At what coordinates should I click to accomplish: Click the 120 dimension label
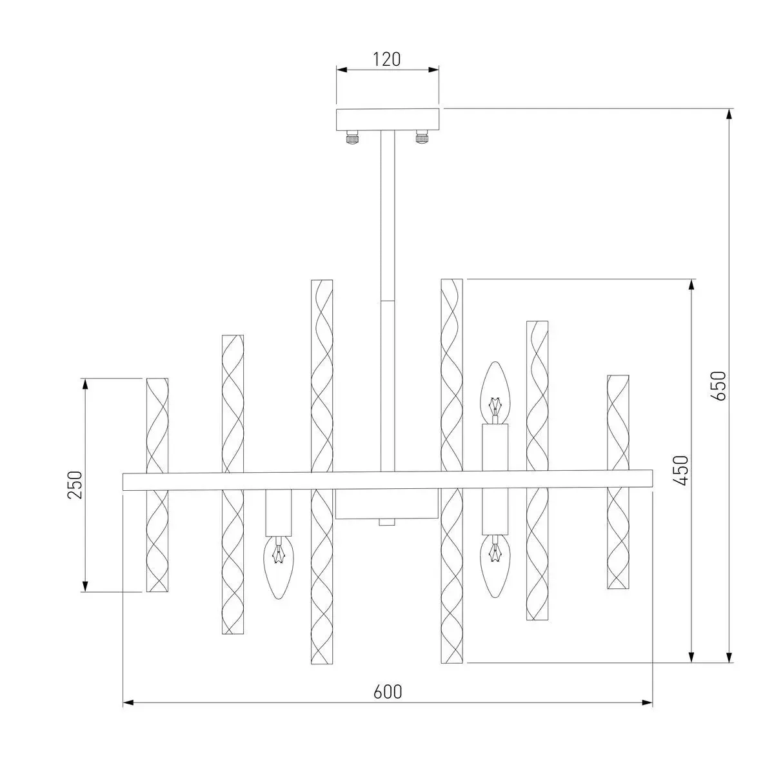[x=387, y=59]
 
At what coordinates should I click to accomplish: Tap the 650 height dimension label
[x=718, y=386]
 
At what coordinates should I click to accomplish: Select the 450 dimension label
[x=680, y=470]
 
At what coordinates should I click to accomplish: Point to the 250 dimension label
[x=75, y=485]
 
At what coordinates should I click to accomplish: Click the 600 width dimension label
[x=388, y=691]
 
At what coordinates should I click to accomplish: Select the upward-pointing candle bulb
[x=495, y=392]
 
